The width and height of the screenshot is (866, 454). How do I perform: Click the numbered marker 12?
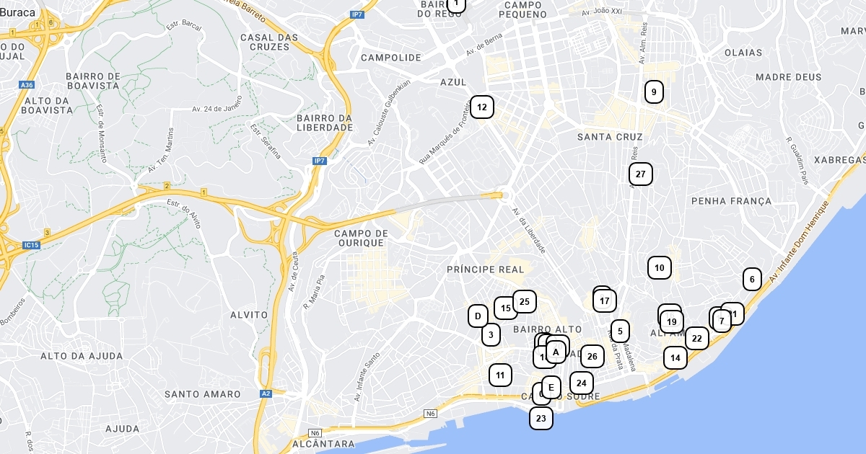tap(482, 107)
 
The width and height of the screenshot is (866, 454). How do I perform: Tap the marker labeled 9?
tap(654, 92)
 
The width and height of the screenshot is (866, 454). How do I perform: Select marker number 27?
tap(641, 174)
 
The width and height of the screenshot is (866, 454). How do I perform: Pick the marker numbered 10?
tap(660, 268)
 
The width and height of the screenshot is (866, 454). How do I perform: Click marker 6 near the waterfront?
tap(752, 279)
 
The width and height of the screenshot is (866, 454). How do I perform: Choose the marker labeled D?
tap(477, 316)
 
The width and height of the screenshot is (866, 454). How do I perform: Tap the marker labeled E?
tap(551, 388)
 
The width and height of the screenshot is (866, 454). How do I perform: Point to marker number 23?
tap(541, 418)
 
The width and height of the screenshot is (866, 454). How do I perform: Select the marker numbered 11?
tap(500, 375)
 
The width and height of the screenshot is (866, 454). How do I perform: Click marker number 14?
tap(675, 357)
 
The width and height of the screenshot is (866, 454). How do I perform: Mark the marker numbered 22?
tap(696, 338)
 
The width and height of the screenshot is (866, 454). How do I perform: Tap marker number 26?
tap(592, 356)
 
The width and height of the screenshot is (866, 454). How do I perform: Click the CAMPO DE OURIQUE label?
tap(362, 238)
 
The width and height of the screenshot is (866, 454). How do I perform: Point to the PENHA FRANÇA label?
tap(731, 200)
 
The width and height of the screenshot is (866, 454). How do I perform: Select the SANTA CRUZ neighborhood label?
tap(610, 136)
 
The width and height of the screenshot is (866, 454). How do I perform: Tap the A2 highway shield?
tap(266, 393)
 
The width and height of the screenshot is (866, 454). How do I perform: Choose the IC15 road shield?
tap(30, 245)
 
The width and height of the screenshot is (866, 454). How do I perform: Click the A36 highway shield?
tap(27, 85)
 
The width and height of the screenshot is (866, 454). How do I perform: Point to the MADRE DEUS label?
tap(788, 77)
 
